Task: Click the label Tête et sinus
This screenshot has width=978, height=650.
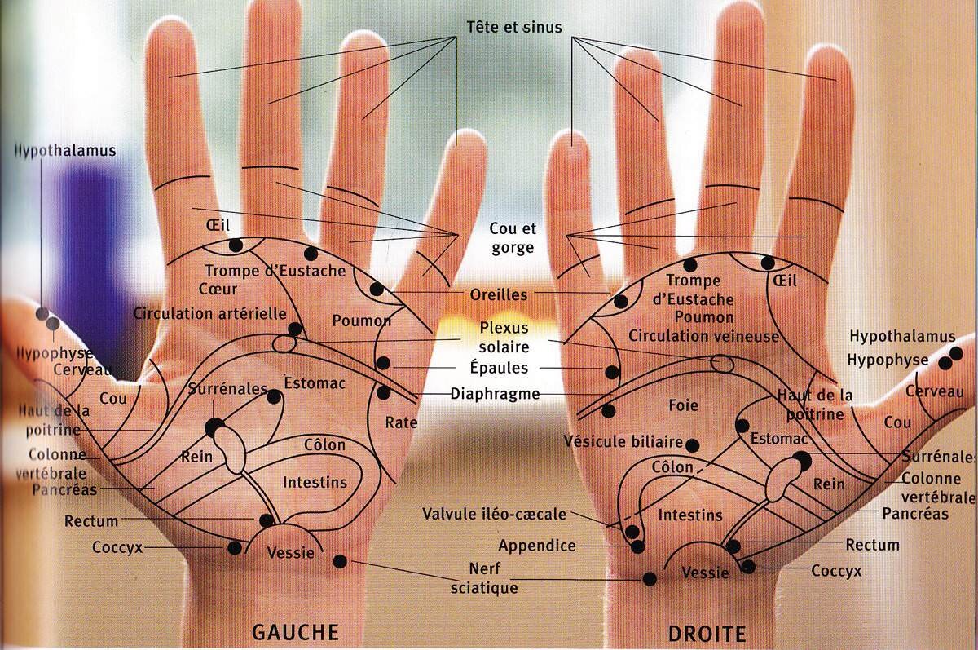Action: pyautogui.click(x=513, y=28)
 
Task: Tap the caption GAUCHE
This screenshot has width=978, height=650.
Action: pyautogui.click(x=295, y=631)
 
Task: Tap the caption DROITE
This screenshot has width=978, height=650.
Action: pyautogui.click(x=707, y=633)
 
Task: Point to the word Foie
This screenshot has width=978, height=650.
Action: pyautogui.click(x=684, y=405)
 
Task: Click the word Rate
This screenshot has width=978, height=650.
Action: pyautogui.click(x=401, y=422)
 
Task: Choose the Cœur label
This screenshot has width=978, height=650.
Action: pyautogui.click(x=218, y=289)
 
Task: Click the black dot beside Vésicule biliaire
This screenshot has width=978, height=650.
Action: pyautogui.click(x=693, y=444)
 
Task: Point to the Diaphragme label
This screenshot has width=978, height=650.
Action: pyautogui.click(x=496, y=394)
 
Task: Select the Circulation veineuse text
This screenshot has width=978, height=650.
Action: pyautogui.click(x=704, y=336)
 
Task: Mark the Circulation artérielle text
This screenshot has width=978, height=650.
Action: pyautogui.click(x=209, y=313)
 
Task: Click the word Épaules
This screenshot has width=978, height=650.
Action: pyautogui.click(x=500, y=368)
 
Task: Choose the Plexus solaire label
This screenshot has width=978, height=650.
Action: pyautogui.click(x=504, y=338)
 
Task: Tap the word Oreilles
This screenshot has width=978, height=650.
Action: pyautogui.click(x=499, y=294)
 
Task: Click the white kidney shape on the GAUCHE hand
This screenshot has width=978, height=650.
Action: pyautogui.click(x=236, y=451)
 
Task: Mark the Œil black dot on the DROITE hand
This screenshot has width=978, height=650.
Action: pyautogui.click(x=767, y=263)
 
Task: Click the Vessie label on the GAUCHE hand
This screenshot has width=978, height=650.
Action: pyautogui.click(x=290, y=552)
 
